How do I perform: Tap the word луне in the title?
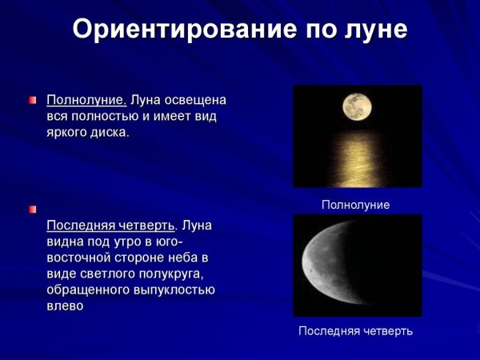370,30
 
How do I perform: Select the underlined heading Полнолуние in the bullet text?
86,101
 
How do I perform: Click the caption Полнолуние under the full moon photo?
355,206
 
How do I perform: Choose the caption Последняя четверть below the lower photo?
355,330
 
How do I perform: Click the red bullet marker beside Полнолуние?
33,101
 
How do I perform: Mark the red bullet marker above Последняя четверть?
33,210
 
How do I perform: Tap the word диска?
110,131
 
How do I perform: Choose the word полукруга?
175,273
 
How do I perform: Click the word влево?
65,306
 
